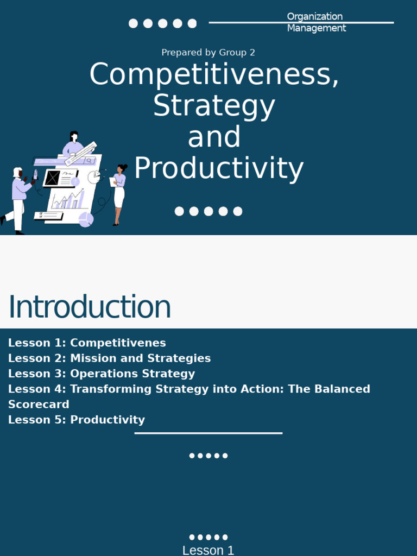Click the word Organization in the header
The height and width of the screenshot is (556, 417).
[x=314, y=16]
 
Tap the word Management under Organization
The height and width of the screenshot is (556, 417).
[x=316, y=28]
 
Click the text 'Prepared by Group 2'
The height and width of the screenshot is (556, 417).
[x=208, y=53]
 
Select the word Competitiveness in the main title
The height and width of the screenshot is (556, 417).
[x=214, y=74]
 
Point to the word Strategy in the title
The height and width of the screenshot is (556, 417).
[x=214, y=106]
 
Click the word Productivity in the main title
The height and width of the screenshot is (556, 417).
[x=218, y=168]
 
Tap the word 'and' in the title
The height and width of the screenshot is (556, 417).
[x=214, y=137]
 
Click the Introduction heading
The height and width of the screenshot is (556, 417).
[x=90, y=307]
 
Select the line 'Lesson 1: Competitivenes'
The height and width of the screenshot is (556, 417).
[x=87, y=343]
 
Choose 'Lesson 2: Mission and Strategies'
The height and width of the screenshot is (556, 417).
[x=109, y=358]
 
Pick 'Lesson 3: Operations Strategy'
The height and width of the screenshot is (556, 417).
[x=102, y=374]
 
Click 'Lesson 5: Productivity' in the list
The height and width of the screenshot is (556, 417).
[x=77, y=420]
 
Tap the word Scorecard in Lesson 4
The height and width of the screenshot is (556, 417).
[x=39, y=405]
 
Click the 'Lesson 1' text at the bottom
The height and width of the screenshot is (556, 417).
[x=208, y=550]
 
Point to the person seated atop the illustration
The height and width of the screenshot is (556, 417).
[x=73, y=144]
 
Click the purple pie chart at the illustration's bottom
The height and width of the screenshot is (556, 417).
[x=86, y=219]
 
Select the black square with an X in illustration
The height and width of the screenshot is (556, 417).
[x=52, y=178]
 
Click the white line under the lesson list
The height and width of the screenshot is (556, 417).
[x=208, y=433]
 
